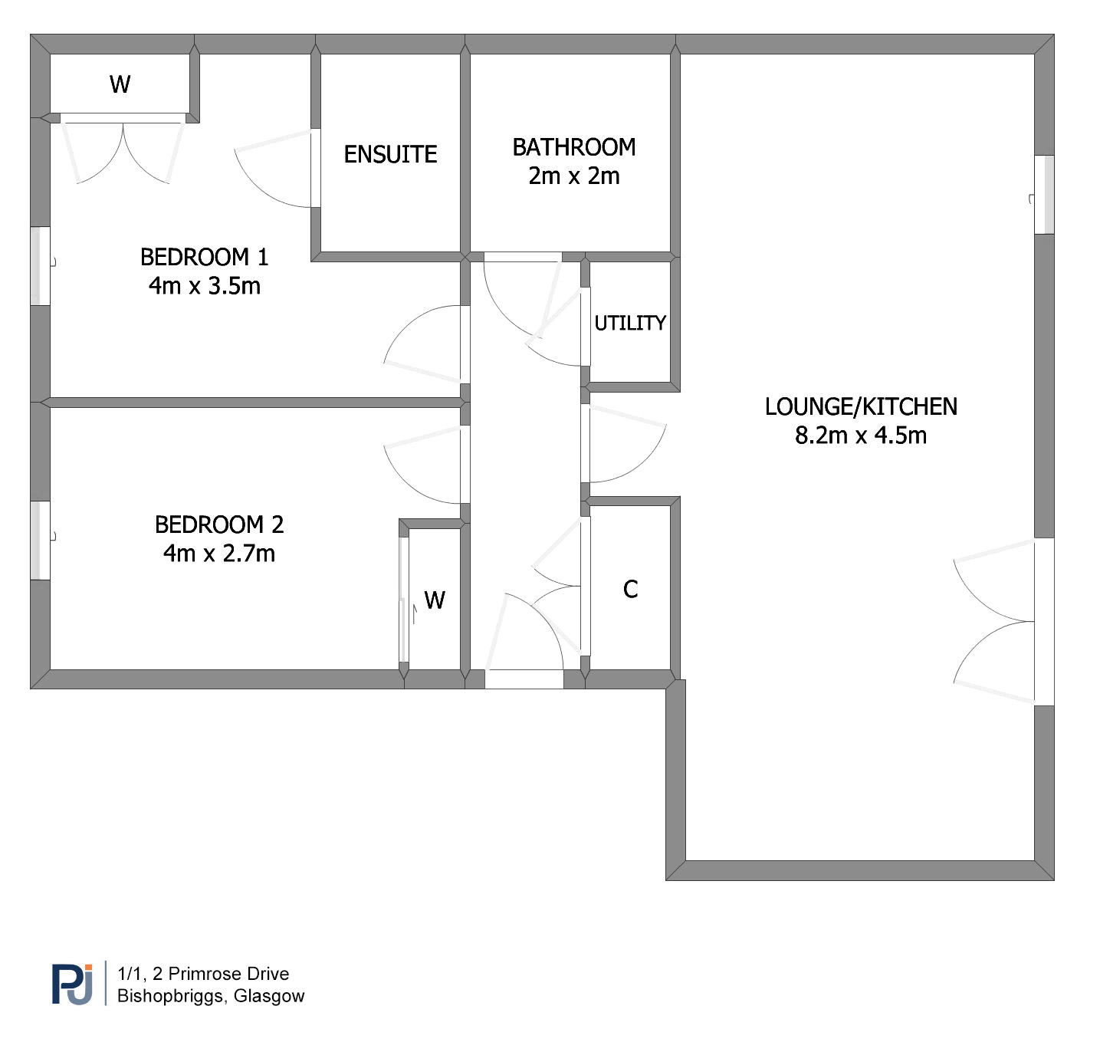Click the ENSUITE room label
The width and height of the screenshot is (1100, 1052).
pyautogui.click(x=390, y=154)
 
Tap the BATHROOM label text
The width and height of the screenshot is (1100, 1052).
pyautogui.click(x=573, y=147)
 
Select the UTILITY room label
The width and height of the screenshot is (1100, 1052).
pyautogui.click(x=629, y=324)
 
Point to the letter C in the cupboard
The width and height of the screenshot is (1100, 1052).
pyautogui.click(x=630, y=590)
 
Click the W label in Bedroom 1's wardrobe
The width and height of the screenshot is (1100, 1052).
pyautogui.click(x=120, y=84)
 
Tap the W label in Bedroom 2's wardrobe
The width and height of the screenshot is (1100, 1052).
pyautogui.click(x=434, y=600)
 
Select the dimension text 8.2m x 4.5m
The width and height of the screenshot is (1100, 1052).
pyautogui.click(x=860, y=436)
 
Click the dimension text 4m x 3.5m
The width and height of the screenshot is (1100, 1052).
pyautogui.click(x=204, y=286)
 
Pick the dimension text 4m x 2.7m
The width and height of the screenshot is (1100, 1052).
pyautogui.click(x=218, y=554)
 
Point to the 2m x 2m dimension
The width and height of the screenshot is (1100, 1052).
pyautogui.click(x=573, y=176)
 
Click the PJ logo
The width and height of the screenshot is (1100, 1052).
pyautogui.click(x=72, y=985)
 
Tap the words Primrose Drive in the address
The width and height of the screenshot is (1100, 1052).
pyautogui.click(x=228, y=974)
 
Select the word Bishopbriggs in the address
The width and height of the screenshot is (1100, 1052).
pyautogui.click(x=172, y=996)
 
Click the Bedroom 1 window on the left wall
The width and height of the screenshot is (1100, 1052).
pyautogui.click(x=41, y=266)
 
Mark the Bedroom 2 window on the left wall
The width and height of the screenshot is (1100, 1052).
pyautogui.click(x=41, y=541)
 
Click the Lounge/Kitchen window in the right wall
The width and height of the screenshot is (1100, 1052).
pyautogui.click(x=1044, y=195)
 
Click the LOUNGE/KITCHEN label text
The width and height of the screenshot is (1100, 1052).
pyautogui.click(x=861, y=407)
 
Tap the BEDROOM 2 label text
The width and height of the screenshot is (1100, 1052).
pyautogui.click(x=218, y=524)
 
